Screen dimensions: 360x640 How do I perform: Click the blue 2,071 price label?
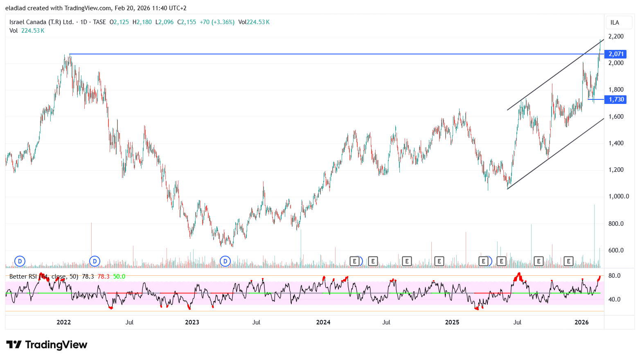click(615, 54)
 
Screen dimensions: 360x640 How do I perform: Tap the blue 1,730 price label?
click(615, 99)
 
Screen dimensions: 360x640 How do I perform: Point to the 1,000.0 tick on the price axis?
click(618, 196)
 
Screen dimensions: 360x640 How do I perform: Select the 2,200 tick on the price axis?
click(616, 36)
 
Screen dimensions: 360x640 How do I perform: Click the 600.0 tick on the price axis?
click(616, 250)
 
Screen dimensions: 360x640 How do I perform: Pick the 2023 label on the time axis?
click(192, 322)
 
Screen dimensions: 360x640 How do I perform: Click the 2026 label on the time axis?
click(581, 322)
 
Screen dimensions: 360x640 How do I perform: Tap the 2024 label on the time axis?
click(323, 322)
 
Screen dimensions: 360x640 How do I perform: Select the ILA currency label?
click(615, 22)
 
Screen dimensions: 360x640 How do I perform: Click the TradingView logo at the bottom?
click(47, 345)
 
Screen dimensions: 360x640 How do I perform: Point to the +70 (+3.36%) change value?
click(217, 22)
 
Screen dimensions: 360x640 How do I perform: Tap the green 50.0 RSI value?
click(119, 277)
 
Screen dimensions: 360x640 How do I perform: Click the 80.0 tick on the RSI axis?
click(614, 276)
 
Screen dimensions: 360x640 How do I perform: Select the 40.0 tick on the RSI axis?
click(614, 299)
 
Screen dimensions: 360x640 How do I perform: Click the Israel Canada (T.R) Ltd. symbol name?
click(41, 22)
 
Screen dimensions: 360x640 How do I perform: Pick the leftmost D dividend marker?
click(20, 261)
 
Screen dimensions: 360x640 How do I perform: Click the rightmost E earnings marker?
click(568, 261)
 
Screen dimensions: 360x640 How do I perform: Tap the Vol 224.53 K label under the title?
click(27, 31)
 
